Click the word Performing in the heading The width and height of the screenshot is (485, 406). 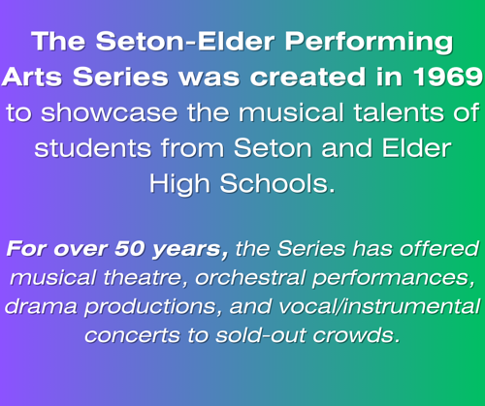(x=369, y=43)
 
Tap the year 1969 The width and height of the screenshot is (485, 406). (x=448, y=77)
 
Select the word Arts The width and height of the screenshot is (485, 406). (x=32, y=77)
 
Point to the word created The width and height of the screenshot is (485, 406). (x=308, y=77)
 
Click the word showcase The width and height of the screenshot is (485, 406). (x=110, y=112)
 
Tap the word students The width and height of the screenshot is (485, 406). (x=93, y=148)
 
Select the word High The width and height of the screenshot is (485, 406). (x=179, y=184)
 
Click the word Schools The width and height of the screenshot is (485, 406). (x=277, y=183)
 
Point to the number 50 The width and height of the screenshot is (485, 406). (x=129, y=249)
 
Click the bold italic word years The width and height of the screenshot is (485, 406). (x=190, y=250)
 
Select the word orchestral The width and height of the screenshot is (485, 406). (x=250, y=278)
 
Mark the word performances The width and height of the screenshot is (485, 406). (x=394, y=278)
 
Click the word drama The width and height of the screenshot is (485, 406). (x=41, y=306)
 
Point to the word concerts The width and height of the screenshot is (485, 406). (x=133, y=336)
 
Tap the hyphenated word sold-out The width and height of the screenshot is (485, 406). (x=261, y=335)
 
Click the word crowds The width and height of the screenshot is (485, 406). (x=356, y=335)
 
